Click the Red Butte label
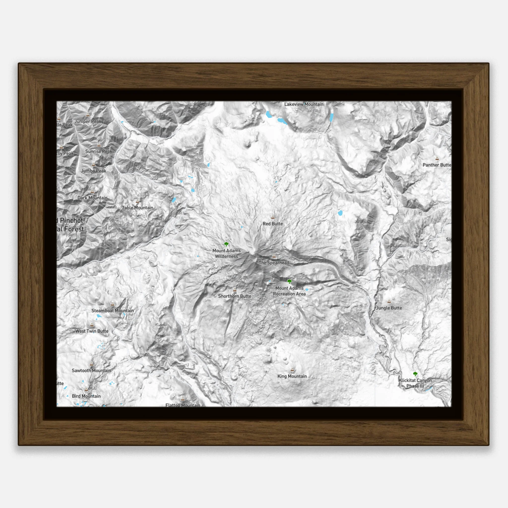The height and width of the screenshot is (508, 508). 273,224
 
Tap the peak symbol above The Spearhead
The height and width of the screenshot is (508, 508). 274,256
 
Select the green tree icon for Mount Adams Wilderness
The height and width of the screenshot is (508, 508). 226,244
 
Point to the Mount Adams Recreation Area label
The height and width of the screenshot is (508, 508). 289,291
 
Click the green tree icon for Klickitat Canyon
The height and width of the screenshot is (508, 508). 415,374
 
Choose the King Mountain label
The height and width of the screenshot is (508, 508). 292,376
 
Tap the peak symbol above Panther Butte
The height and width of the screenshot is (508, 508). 437,159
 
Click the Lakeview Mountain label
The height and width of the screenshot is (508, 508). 304,104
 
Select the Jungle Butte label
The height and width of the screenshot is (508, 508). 389,308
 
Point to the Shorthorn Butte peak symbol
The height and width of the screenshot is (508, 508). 235,290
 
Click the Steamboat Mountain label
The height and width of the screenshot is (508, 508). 113,311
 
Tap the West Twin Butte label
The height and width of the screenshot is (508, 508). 92,331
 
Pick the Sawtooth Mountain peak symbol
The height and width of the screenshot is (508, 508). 92,364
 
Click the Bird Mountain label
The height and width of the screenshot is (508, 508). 86,396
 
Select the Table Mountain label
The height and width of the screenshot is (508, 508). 137,208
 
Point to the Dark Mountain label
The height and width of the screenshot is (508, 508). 92,198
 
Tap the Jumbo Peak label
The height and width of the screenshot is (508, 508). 94,171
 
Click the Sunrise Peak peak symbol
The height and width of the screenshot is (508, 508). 99,145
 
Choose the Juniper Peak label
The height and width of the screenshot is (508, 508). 88,122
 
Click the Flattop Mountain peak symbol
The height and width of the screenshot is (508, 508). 183,399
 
